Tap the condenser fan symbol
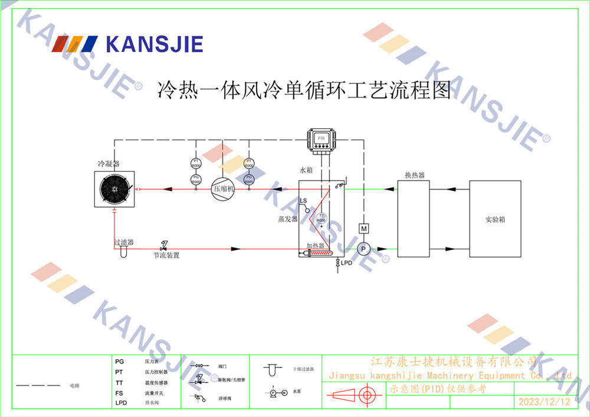(115, 190)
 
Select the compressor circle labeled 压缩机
(223, 189)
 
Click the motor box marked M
(364, 229)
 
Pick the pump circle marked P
(364, 249)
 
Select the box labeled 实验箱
(495, 219)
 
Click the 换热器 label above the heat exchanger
(415, 175)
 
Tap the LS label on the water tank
(303, 201)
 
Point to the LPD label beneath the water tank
(346, 263)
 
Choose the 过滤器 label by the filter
(124, 242)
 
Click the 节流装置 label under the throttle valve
(166, 256)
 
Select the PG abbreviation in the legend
(120, 361)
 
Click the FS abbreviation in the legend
(119, 393)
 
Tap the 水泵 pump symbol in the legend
(277, 392)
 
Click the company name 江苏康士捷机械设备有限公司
(453, 361)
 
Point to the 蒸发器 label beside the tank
(288, 219)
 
